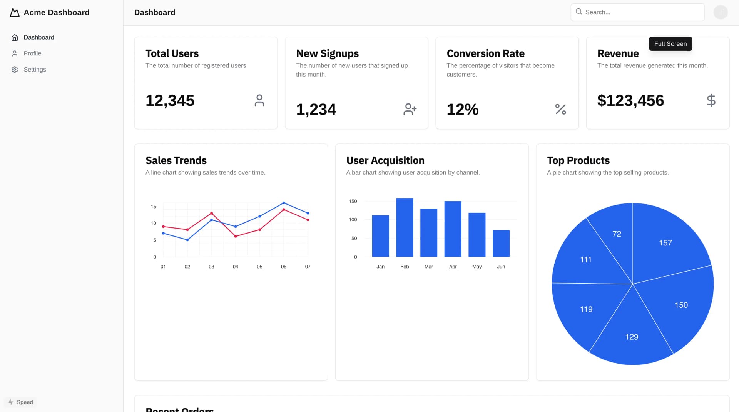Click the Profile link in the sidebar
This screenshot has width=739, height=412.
click(32, 53)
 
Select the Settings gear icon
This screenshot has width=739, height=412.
click(15, 70)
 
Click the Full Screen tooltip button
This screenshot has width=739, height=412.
click(670, 44)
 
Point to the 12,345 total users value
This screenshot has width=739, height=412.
click(170, 101)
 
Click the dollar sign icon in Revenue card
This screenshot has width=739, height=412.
click(711, 100)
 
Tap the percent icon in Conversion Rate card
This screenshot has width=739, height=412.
click(560, 109)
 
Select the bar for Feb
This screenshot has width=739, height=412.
click(405, 228)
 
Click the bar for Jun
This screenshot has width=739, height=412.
click(501, 244)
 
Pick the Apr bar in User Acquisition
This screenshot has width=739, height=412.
click(453, 229)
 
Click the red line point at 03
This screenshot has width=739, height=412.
click(211, 213)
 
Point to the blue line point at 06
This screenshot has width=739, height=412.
click(284, 203)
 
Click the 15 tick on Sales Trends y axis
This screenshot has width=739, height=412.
click(154, 207)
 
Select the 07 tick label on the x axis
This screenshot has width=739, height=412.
click(308, 267)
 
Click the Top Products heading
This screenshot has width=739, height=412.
click(578, 160)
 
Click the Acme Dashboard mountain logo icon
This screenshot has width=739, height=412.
click(15, 13)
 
